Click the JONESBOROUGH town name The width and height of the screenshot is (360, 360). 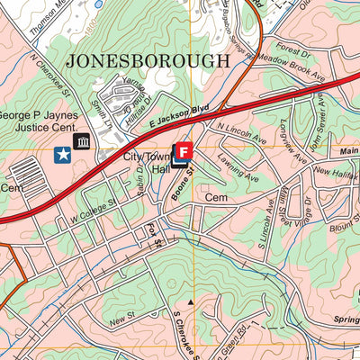click(x=147, y=61)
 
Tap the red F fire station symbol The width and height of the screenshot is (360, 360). click(x=185, y=149)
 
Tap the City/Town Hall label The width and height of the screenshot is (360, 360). click(x=144, y=163)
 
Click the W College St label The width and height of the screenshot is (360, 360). click(x=88, y=212)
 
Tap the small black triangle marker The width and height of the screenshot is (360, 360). click(x=191, y=302)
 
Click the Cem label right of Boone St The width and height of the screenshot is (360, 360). click(x=216, y=196)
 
